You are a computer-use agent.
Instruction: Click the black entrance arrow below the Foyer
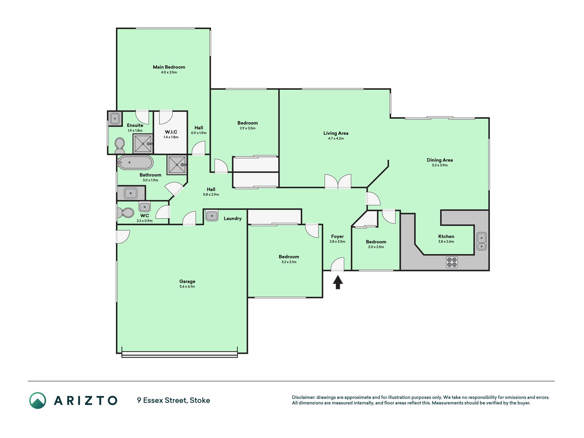(x=338, y=282)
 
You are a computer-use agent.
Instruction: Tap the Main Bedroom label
(x=169, y=67)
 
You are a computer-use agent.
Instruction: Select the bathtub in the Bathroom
(x=135, y=163)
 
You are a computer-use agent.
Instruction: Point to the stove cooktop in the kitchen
(x=452, y=262)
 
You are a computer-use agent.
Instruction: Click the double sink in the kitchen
(x=481, y=242)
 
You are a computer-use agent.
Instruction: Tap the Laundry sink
(x=212, y=216)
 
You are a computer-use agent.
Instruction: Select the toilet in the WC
(x=126, y=213)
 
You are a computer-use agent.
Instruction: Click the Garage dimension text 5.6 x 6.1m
(x=187, y=287)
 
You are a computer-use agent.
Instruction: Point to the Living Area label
(x=336, y=133)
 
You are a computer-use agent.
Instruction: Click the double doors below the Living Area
(x=338, y=182)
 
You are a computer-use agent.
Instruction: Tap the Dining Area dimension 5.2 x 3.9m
(x=440, y=165)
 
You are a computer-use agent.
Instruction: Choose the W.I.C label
(x=171, y=132)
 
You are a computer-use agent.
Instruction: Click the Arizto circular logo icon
(x=38, y=400)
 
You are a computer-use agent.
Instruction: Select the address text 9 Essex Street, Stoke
(x=173, y=400)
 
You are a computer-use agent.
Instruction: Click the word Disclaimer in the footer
(x=303, y=397)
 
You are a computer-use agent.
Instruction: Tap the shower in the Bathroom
(x=177, y=165)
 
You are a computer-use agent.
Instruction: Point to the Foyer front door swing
(x=337, y=265)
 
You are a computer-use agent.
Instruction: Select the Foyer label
(x=337, y=236)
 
